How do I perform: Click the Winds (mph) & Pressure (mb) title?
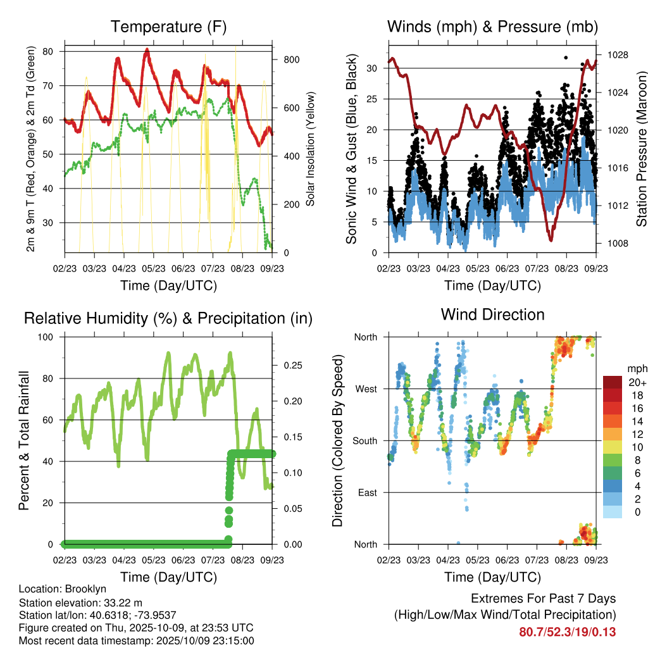[x=492, y=27]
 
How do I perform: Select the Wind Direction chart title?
[x=492, y=314]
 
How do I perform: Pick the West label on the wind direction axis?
[x=366, y=389]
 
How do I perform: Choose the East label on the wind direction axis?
[x=366, y=492]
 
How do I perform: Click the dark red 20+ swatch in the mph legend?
[x=613, y=382]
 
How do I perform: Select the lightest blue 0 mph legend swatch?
[x=613, y=512]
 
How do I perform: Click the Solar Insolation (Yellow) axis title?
[x=311, y=150]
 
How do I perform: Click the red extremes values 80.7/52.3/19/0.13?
[x=568, y=632]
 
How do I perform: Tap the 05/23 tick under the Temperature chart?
[x=154, y=268]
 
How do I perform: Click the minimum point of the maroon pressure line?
[x=551, y=240]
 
